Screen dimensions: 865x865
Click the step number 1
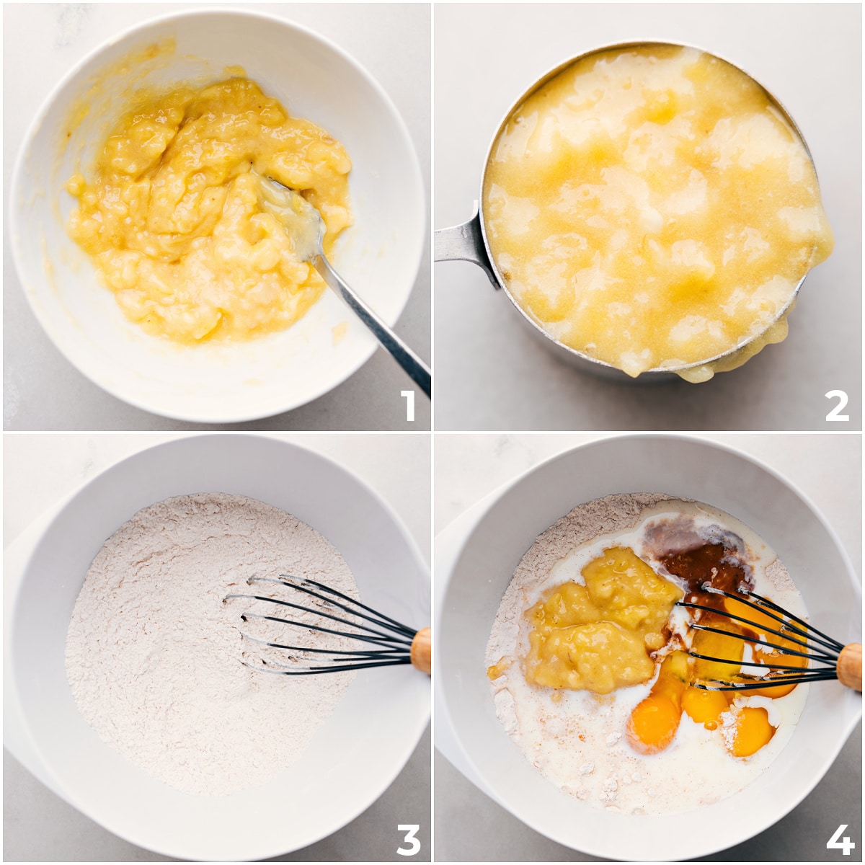pos(408,406)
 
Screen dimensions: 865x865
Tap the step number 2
pos(837,407)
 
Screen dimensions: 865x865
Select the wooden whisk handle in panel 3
pos(421,650)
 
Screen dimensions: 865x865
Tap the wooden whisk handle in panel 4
pos(849,666)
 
